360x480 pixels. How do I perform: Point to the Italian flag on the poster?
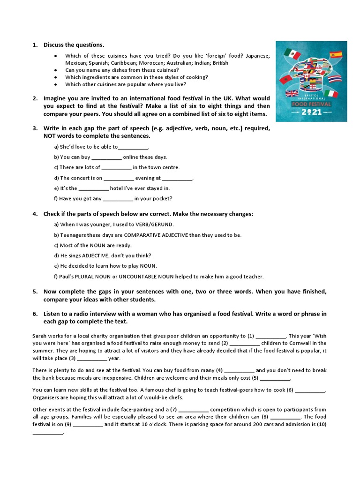(x=331, y=94)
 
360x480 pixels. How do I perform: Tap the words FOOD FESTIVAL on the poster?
(x=311, y=104)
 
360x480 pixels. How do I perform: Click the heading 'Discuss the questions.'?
(x=74, y=45)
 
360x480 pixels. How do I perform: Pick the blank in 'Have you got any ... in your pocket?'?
(x=118, y=199)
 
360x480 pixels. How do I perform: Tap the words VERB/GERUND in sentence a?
(x=154, y=225)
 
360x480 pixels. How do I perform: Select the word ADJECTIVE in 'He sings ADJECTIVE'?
(x=98, y=256)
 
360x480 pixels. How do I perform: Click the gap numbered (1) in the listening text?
(x=270, y=336)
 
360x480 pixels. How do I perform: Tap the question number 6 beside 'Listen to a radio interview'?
(x=35, y=314)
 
